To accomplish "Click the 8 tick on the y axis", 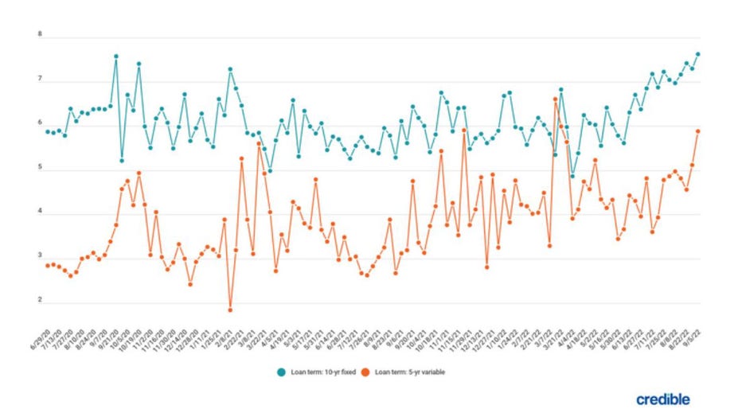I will pos(39,36).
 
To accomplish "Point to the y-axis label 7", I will pos(39,80).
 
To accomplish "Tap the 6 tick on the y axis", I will pos(39,125).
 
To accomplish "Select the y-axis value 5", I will pos(39,170).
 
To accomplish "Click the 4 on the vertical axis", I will pos(39,214).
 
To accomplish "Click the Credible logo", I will pos(662,399).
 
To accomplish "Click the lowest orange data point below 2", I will pos(230,310).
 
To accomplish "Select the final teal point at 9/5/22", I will pos(698,54).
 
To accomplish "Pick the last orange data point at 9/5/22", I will pos(698,131).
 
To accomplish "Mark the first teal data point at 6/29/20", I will pos(48,131).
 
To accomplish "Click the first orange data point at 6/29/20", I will pos(48,265).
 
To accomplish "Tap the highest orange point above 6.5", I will pos(555,99).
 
